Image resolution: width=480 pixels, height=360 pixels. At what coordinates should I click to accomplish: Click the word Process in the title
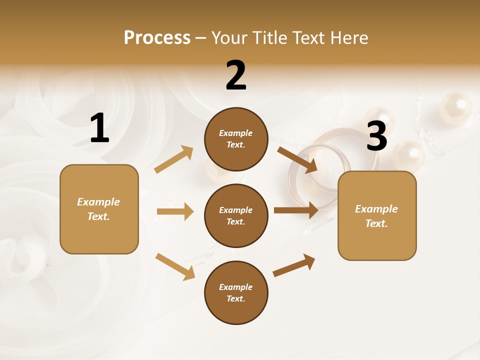coord(157,37)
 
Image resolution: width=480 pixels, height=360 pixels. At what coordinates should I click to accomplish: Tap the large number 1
coord(99,128)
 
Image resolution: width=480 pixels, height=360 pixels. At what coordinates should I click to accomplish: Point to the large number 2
coord(236,75)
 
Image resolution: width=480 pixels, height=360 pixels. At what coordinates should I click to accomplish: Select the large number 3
coord(376,135)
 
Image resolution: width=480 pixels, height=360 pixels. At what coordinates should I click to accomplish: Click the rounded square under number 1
coord(99,209)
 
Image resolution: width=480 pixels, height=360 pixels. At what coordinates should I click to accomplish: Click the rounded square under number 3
coord(377,215)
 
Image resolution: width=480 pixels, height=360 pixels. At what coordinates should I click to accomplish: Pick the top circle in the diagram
coord(236,139)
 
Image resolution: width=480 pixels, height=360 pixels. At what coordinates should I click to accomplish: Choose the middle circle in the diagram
coord(236,215)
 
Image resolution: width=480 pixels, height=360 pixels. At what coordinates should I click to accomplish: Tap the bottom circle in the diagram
coord(236,292)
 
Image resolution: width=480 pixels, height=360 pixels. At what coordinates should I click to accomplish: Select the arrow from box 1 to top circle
coord(174,159)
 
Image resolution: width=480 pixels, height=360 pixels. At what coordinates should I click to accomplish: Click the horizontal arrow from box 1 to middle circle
coord(175,211)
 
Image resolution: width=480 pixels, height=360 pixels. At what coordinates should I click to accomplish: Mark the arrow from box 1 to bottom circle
coord(175,266)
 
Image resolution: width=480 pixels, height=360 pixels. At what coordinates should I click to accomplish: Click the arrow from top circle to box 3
coord(297,159)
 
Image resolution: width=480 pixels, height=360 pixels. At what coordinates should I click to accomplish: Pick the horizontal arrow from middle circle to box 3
coord(296,210)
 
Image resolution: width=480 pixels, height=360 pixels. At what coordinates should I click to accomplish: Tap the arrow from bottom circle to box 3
coord(294,265)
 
